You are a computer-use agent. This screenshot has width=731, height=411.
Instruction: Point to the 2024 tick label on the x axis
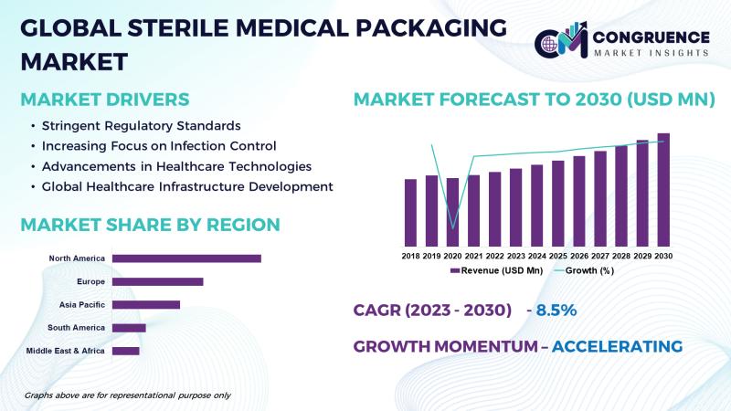coord(537,256)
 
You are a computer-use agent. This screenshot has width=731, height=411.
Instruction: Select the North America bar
coord(186,258)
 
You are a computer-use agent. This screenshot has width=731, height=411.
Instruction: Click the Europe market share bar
coord(157,281)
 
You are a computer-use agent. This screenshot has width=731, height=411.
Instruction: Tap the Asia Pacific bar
coord(146,304)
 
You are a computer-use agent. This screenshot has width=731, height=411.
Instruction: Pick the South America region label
coord(78,327)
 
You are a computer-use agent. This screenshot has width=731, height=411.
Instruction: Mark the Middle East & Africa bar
coord(125,351)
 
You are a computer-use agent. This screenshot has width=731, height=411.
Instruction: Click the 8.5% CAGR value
coord(556,310)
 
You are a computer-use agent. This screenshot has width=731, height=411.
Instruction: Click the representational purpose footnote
coord(127,395)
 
